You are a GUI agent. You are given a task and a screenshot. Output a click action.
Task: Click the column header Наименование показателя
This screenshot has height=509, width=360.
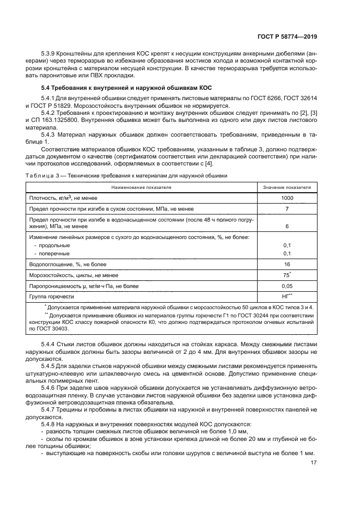point(141,187)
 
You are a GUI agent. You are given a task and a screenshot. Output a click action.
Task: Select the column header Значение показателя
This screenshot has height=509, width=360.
point(287,187)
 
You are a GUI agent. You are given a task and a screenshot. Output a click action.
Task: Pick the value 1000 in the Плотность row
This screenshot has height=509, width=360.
point(287,198)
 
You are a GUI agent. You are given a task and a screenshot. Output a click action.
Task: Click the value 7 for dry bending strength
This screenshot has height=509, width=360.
point(287,208)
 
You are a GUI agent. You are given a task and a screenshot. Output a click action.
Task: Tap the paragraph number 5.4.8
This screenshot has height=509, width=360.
point(49,425)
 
